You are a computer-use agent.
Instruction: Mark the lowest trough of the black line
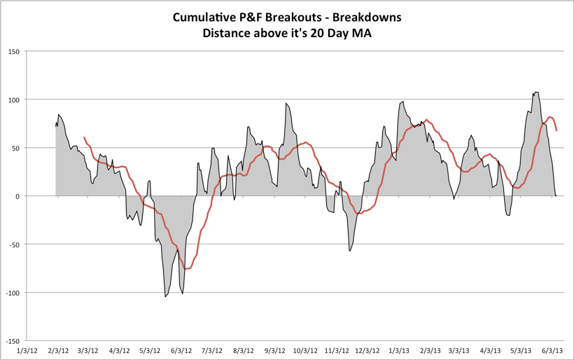(x=165, y=297)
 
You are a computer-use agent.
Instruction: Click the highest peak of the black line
(x=535, y=92)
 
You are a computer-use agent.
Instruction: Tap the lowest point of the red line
(x=186, y=269)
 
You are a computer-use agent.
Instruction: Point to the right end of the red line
(x=556, y=130)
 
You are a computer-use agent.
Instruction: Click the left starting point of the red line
(x=84, y=138)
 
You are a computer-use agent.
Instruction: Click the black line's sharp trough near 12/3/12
(x=349, y=250)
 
